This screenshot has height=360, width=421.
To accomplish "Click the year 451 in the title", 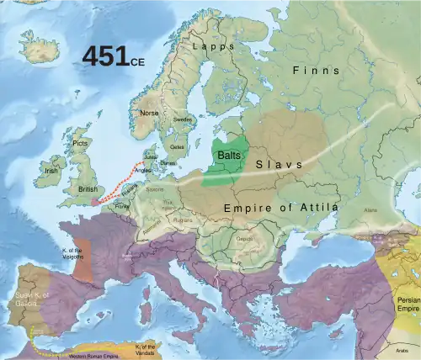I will (105, 56).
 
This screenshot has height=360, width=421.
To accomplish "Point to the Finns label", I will (317, 71).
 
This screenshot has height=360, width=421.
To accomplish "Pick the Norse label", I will (149, 113).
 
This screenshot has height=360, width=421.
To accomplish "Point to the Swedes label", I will (183, 120).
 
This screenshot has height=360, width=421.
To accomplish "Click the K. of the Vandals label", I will (145, 347).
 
